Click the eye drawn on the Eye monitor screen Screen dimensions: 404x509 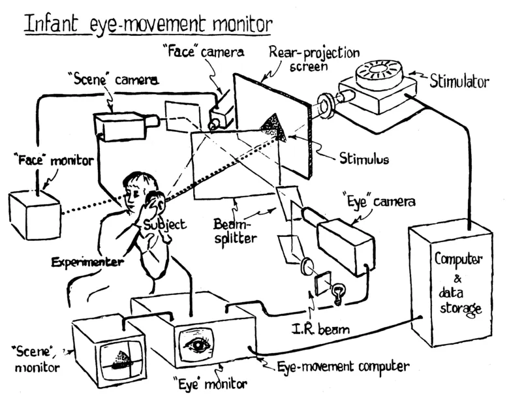point(196,344)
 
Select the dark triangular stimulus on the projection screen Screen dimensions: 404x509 point(273,127)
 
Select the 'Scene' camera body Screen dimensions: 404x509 point(119,126)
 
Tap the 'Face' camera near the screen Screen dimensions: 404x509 point(221,113)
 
